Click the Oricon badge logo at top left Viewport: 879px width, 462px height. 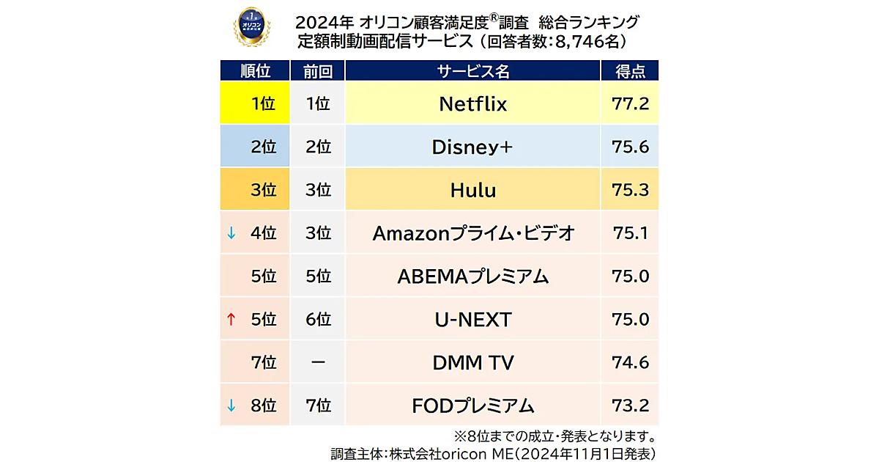click(251, 27)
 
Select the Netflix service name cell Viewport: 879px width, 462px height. click(472, 104)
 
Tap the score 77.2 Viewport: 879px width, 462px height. click(630, 104)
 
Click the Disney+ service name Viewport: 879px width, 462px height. click(472, 147)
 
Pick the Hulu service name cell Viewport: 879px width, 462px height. click(472, 191)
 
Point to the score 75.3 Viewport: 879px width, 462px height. click(630, 191)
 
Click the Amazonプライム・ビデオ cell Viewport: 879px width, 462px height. click(472, 234)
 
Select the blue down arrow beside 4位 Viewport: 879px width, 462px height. click(231, 233)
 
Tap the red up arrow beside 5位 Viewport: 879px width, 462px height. click(231, 320)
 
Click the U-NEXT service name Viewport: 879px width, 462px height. click(472, 320)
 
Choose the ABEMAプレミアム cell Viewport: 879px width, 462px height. click(472, 276)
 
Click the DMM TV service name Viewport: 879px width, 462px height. click(472, 362)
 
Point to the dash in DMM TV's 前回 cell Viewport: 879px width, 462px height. click(318, 362)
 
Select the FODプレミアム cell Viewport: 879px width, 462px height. click(472, 406)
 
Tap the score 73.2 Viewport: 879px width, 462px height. click(630, 406)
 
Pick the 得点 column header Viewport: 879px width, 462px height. click(630, 71)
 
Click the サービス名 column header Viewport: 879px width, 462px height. click(472, 71)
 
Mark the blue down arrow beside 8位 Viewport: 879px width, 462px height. click(231, 405)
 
